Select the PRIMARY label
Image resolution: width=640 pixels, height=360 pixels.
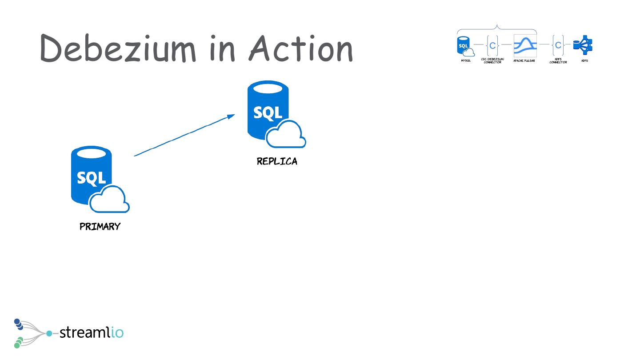point(100,227)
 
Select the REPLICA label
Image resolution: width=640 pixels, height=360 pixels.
point(277,162)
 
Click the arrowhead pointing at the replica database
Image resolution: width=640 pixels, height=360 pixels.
point(231,116)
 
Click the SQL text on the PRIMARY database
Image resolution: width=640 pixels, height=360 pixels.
point(91,177)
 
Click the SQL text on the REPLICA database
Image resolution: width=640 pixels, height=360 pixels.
point(268,112)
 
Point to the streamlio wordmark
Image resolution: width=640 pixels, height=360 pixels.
point(91,332)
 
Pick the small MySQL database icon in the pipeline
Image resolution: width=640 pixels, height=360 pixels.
point(464,45)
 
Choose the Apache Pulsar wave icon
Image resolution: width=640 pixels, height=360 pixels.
point(525,45)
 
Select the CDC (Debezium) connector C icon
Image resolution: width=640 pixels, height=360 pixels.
point(492,45)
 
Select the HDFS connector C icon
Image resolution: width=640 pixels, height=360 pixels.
point(558,45)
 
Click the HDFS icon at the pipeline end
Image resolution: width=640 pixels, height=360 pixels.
point(583,45)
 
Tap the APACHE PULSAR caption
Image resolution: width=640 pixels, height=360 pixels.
point(524,61)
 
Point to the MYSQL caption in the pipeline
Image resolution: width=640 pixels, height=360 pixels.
point(466,61)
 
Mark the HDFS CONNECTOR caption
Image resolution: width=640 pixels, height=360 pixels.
point(558,61)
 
